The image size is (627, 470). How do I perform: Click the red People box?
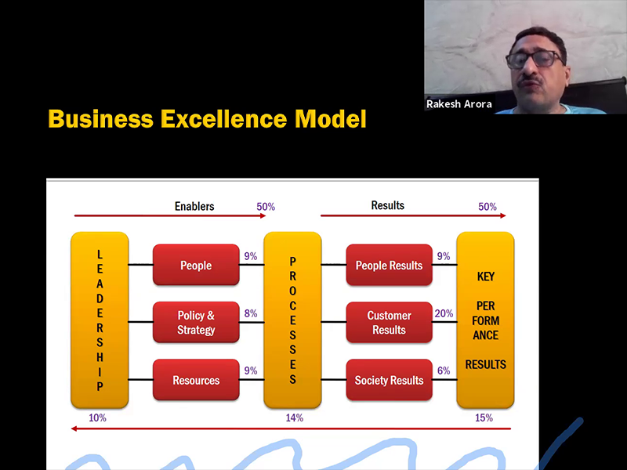[x=196, y=265]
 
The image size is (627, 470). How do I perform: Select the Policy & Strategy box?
[x=196, y=322]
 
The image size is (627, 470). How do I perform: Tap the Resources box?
[x=196, y=380]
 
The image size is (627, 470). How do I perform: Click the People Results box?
[x=389, y=265]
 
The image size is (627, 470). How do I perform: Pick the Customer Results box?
[x=389, y=322]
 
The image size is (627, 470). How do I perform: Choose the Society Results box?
[x=389, y=380]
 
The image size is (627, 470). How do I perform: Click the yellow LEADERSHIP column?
[x=100, y=320]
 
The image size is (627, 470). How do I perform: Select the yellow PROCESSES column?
[x=292, y=320]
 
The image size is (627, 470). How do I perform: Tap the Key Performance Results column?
[x=485, y=320]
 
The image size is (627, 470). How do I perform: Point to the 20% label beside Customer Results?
[x=444, y=313]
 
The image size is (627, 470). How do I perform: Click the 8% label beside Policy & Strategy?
[x=251, y=313]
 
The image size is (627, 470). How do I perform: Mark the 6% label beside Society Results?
[x=444, y=371]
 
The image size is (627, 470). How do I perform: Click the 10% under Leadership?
[x=97, y=418]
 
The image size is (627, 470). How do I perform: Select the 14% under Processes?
[x=295, y=418]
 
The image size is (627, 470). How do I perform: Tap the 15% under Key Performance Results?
[x=484, y=418]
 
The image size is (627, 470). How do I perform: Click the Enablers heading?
[x=194, y=206]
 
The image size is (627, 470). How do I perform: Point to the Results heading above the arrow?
[x=387, y=205]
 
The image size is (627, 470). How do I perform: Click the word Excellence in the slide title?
[x=224, y=119]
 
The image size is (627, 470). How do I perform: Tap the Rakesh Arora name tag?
[x=459, y=104]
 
